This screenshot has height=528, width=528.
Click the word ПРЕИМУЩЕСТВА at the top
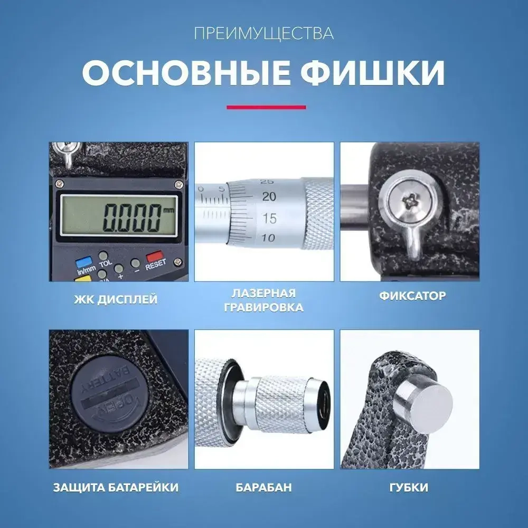tap(263, 34)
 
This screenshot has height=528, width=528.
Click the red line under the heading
tap(266, 107)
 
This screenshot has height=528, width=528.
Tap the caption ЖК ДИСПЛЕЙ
tap(116, 300)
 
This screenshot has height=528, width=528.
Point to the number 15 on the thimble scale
tap(269, 218)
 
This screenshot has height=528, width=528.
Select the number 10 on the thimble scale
tap(269, 238)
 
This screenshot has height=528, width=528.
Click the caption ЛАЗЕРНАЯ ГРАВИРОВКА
tap(263, 300)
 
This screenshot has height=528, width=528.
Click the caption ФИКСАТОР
tap(412, 296)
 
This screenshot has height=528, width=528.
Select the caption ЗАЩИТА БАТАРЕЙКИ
tap(116, 487)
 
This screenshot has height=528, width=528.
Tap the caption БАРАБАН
tap(263, 487)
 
